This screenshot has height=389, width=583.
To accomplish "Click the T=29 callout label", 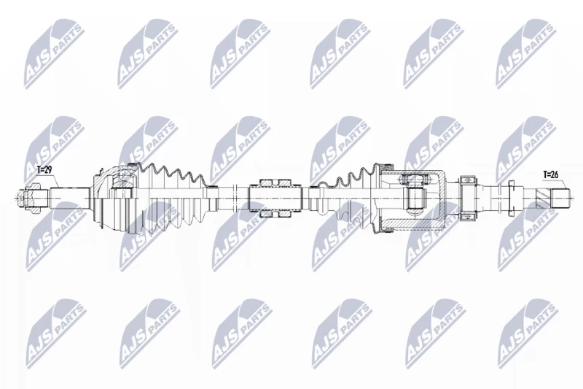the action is tap(44, 170).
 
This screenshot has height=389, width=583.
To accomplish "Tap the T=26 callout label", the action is tap(550, 174).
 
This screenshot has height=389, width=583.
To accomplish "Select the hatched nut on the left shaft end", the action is tap(31, 198).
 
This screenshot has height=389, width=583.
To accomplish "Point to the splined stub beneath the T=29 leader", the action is tap(70, 198).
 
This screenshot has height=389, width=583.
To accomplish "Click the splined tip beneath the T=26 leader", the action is tap(560, 198).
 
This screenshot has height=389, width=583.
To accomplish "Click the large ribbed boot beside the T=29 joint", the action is tap(172, 199).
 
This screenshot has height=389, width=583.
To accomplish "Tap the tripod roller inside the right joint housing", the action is tap(415, 198).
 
